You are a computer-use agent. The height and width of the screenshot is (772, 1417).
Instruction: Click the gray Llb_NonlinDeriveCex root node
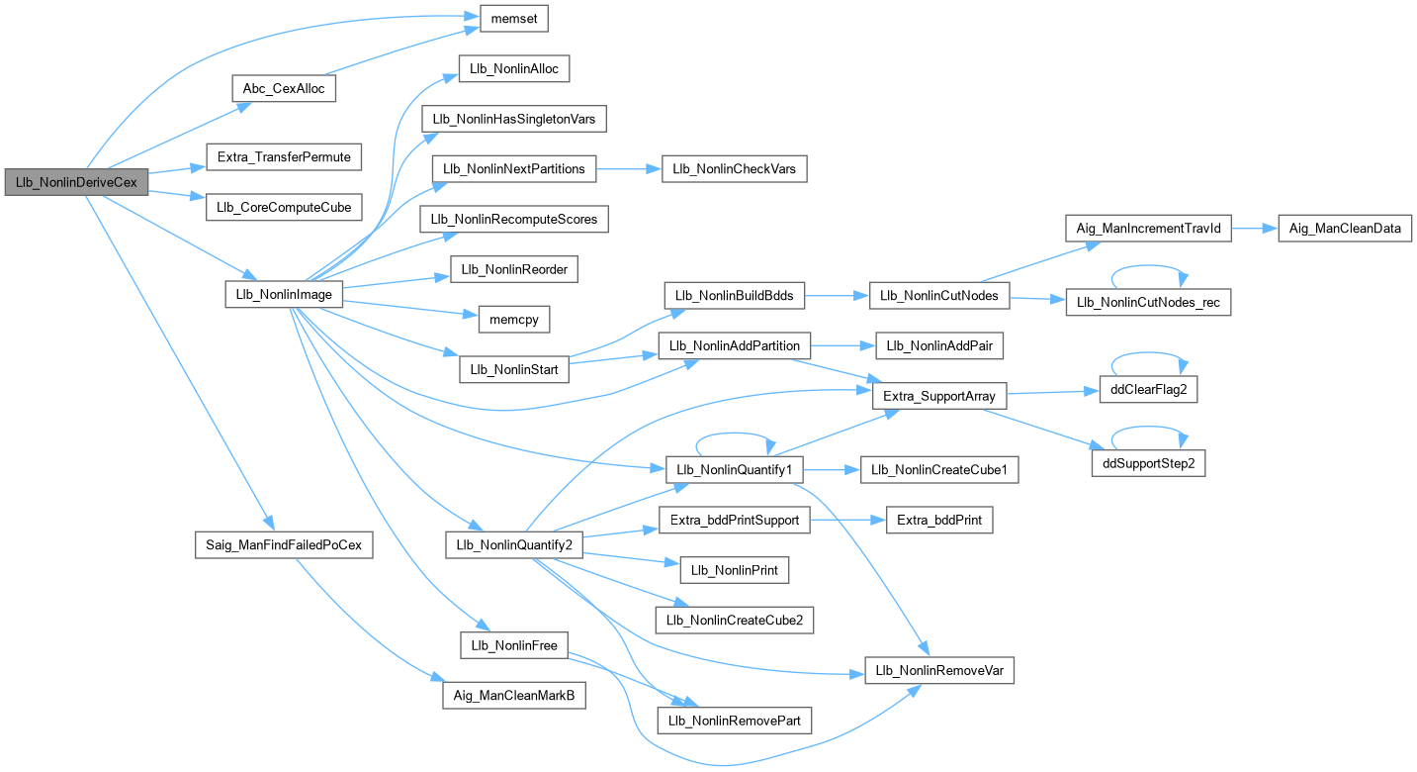(76, 182)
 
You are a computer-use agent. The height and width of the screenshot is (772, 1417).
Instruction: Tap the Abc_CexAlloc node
(284, 88)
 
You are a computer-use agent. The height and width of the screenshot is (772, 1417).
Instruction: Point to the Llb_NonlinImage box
(284, 294)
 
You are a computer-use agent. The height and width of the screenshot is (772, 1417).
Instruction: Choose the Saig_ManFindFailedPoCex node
(284, 545)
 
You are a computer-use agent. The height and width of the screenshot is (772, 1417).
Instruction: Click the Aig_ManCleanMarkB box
(513, 696)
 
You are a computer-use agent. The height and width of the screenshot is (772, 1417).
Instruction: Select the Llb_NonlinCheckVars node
(734, 169)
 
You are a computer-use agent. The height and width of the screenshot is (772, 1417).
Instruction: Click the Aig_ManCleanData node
(1344, 229)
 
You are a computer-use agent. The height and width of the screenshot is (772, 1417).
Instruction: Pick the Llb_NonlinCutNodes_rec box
(1147, 302)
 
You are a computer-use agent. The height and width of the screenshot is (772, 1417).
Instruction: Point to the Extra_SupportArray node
(939, 396)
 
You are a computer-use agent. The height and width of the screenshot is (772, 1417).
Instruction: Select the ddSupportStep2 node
(1148, 462)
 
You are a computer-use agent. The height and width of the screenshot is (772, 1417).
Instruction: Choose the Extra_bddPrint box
(939, 520)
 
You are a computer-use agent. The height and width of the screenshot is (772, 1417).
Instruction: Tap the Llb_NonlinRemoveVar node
(939, 670)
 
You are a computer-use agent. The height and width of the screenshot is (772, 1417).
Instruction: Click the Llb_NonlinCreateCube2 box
(734, 621)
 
